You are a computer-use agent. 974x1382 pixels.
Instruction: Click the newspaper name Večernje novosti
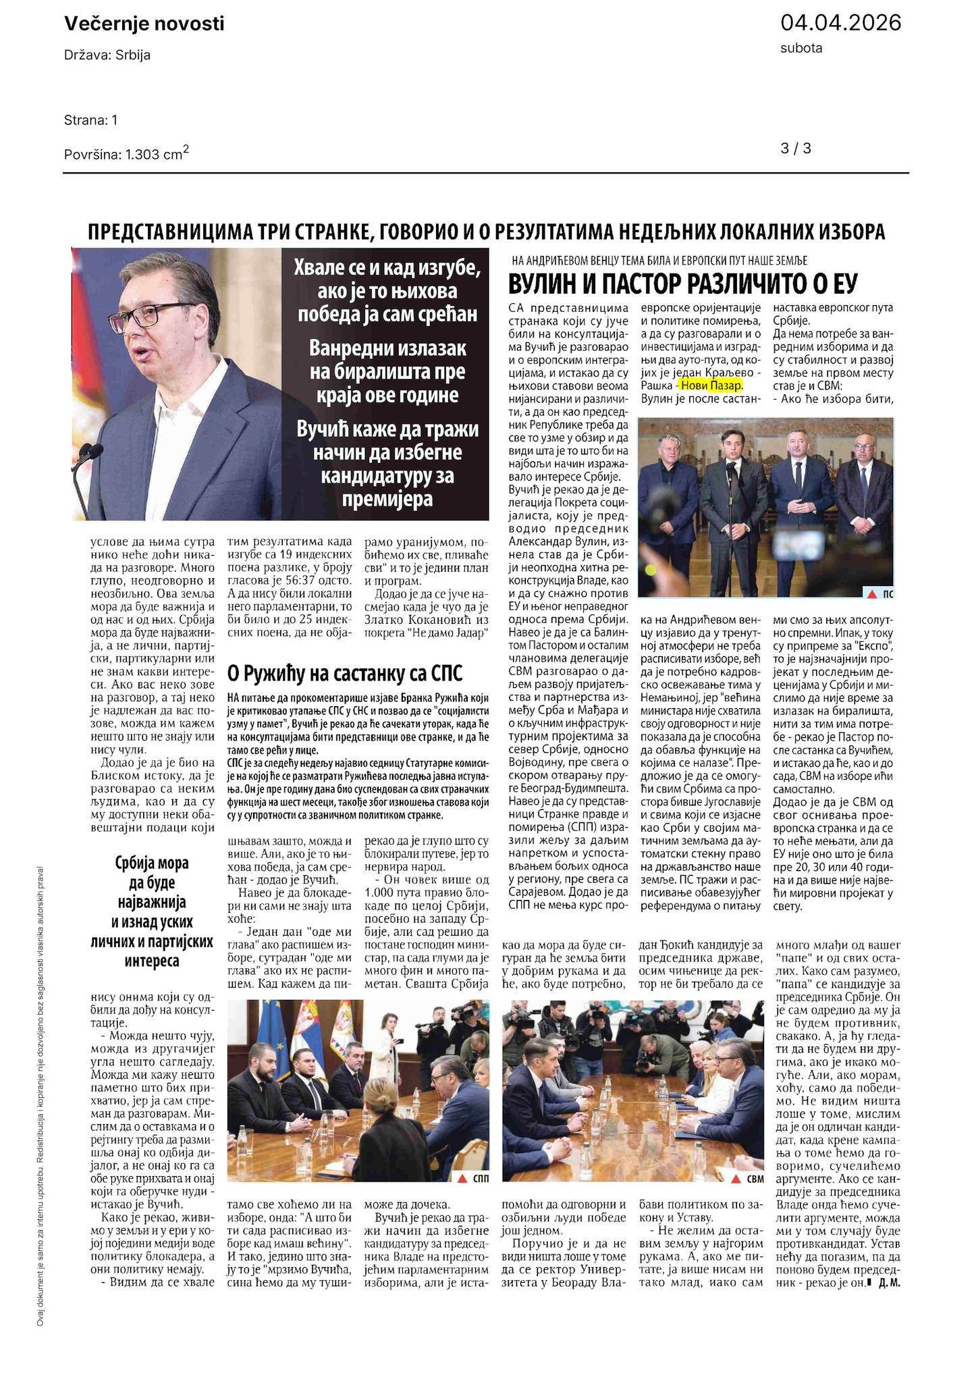point(144,24)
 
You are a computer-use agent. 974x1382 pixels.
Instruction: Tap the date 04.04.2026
point(840,23)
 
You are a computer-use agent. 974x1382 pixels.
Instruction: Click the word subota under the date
point(801,48)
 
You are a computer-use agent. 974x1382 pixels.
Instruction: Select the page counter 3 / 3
point(796,149)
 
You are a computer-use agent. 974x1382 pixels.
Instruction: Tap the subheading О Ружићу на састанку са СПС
point(344,673)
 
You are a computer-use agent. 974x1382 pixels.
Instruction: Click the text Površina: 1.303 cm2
point(126,154)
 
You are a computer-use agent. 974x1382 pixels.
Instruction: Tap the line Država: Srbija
point(107,55)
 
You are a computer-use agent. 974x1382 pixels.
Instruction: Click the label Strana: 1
point(91,120)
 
